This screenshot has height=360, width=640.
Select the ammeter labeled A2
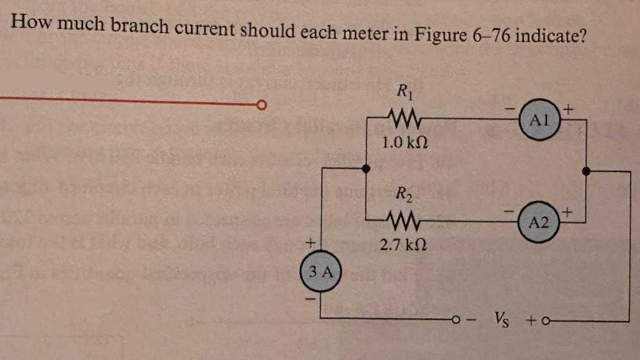pyautogui.click(x=539, y=223)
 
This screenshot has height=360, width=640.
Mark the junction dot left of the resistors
pyautogui.click(x=367, y=167)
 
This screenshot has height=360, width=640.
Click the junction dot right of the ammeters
pyautogui.click(x=586, y=170)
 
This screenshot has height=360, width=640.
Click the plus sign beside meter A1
pyautogui.click(x=567, y=109)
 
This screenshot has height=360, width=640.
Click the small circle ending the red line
pyautogui.click(x=263, y=105)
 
